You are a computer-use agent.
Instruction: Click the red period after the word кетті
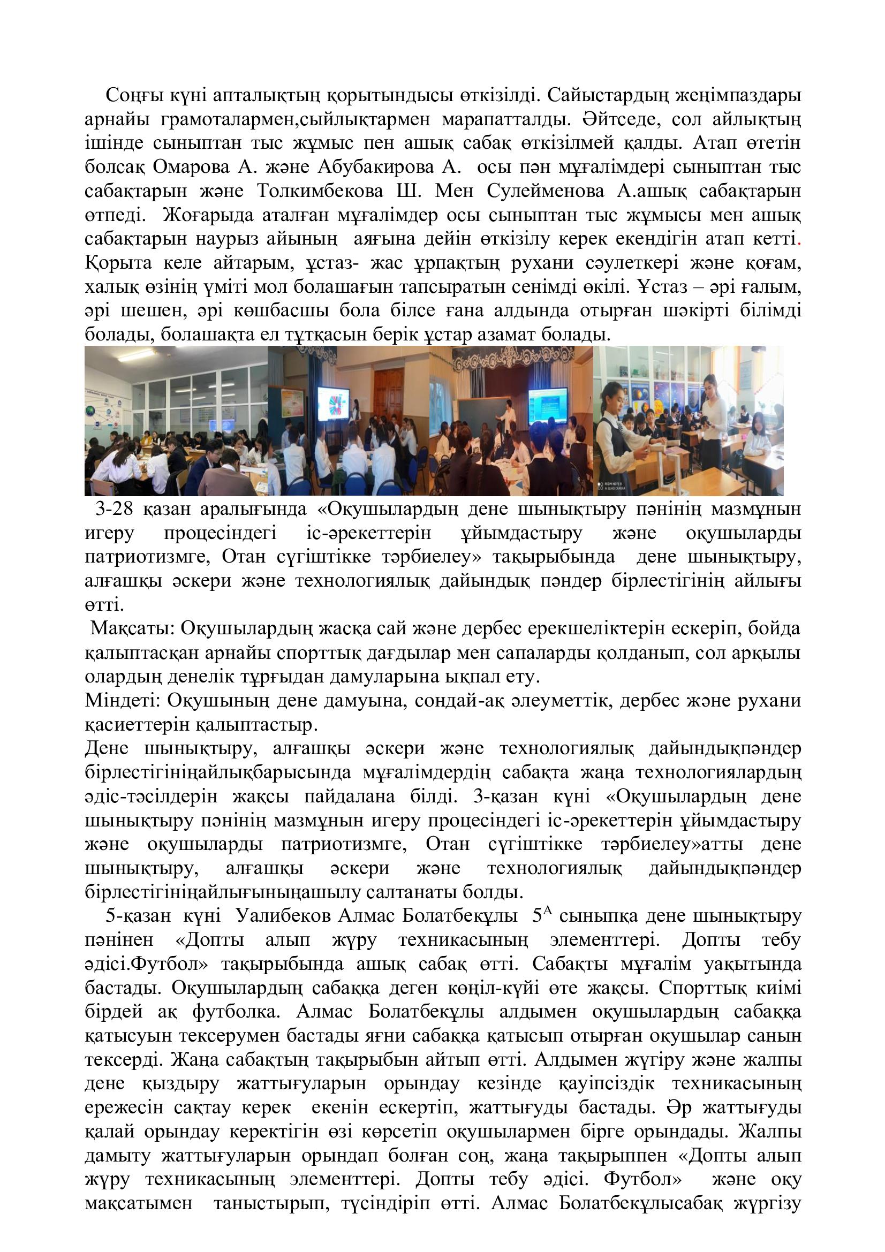coord(798,240)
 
